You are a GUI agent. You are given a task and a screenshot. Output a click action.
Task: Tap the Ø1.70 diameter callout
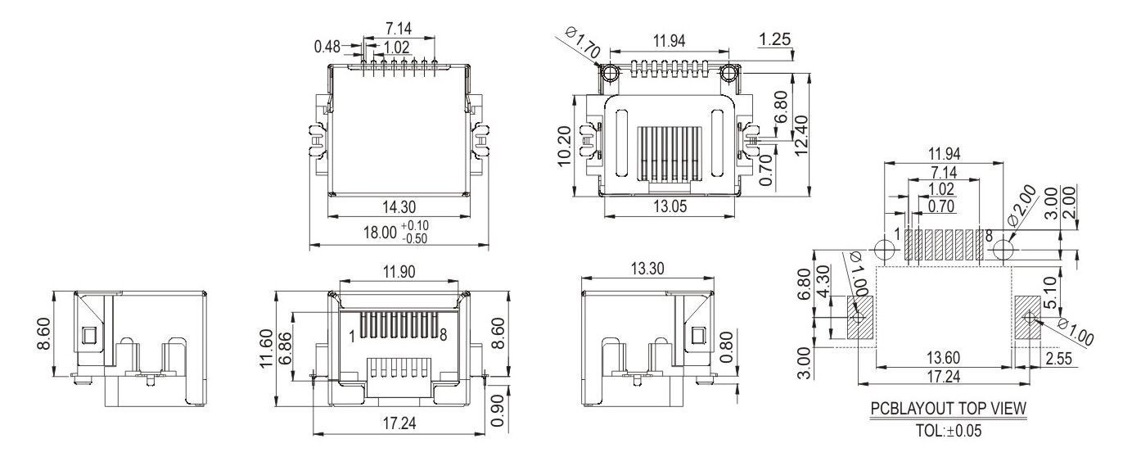583,43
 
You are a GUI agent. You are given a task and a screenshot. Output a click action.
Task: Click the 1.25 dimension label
773,39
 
